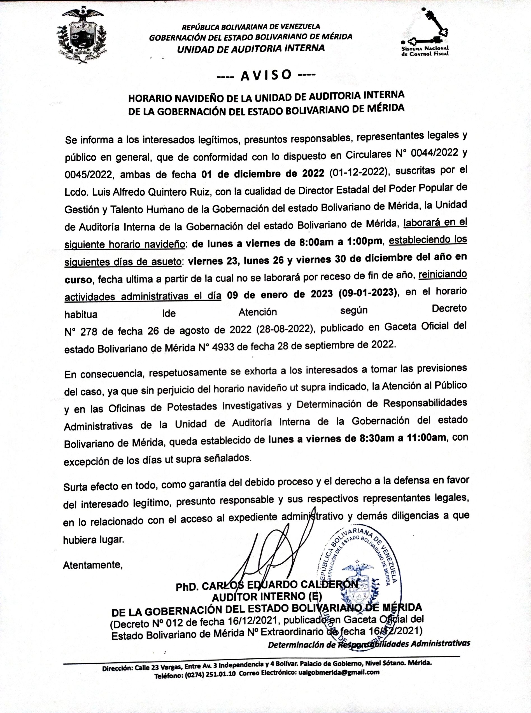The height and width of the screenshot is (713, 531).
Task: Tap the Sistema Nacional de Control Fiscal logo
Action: pyautogui.click(x=425, y=33)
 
